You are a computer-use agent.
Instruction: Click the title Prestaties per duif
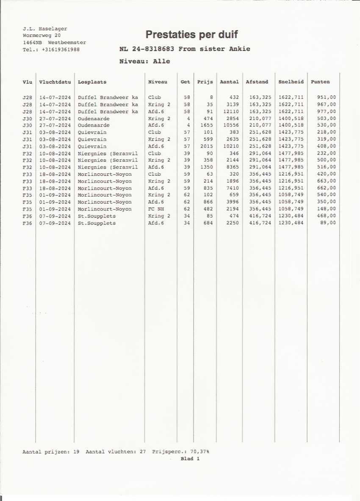pos(191,34)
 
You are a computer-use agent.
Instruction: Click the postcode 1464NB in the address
pos(32,43)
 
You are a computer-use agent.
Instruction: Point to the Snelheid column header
pos(291,82)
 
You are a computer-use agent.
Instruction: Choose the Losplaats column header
pos(92,82)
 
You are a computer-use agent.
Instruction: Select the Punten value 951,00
pos(327,97)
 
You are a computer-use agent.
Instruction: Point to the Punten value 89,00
pos(329,223)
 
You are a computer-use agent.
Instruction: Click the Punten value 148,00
pos(327,209)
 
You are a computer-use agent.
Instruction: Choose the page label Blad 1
pos(190,459)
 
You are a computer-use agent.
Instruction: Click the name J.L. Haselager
pos(45,29)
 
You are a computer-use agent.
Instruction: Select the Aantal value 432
pos(233,97)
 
